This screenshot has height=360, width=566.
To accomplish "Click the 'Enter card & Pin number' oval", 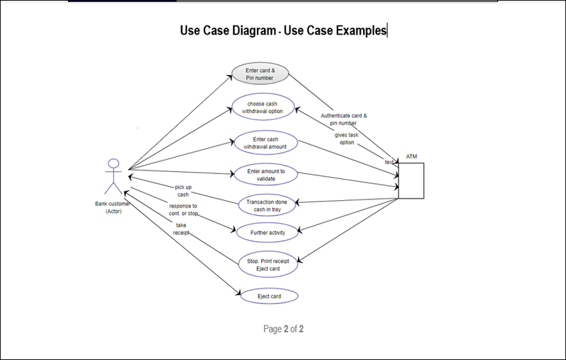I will coord(260,74).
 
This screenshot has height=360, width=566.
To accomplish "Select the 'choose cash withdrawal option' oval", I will coord(265,108).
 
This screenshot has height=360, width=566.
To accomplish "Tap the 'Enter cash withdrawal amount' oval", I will coord(265,143).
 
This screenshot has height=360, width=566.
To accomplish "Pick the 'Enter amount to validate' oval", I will coord(265,175).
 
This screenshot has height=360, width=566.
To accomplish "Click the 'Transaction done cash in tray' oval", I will coord(265,205).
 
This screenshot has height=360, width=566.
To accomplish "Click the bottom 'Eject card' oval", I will coord(268,296).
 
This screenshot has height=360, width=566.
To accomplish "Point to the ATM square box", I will coord(411,181).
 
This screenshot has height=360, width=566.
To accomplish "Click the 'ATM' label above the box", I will coord(411,156).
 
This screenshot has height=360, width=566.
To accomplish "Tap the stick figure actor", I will coord(112,177).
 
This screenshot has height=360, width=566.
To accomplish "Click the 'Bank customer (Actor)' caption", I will coord(113,207).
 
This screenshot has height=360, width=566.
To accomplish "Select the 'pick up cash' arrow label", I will coord(183,190).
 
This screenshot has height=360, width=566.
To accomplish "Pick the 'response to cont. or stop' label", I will coord(183,209).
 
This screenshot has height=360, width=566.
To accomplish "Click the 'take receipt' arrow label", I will coord(182,228).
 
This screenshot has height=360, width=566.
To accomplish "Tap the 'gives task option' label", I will coord(346,138).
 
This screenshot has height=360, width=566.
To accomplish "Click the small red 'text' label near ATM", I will coord(388,162).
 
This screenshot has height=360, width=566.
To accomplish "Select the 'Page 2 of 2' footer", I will coord(283,329).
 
